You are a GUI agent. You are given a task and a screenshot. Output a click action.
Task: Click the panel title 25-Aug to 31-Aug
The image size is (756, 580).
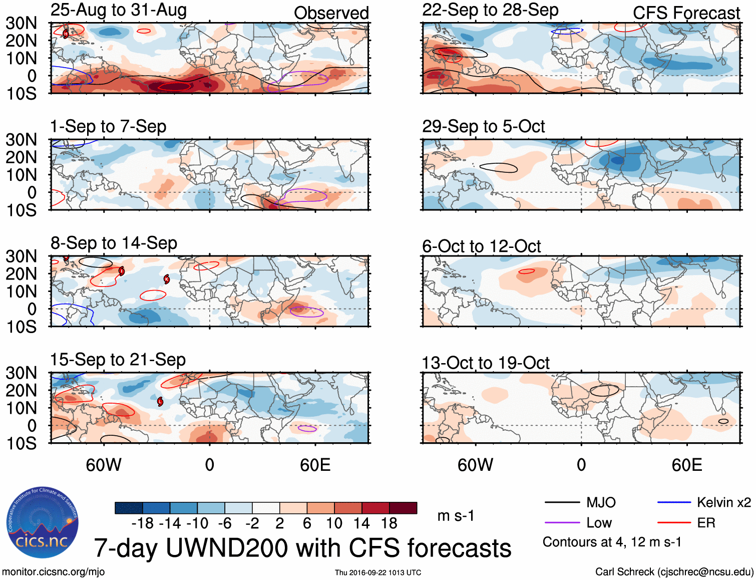[119, 10]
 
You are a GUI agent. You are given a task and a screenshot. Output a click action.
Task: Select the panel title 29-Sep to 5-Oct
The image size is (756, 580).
[483, 127]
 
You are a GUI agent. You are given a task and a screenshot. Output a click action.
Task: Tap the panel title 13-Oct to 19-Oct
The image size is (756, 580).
[486, 363]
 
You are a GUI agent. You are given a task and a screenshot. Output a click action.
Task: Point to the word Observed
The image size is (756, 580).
[331, 13]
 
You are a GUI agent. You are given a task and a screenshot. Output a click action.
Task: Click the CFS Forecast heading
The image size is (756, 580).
[686, 13]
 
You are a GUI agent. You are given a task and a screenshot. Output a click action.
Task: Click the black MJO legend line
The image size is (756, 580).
[562, 502]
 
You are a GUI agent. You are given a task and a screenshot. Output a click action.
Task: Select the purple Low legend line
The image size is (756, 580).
[562, 523]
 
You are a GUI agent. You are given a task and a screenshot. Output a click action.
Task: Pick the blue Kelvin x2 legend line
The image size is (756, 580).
[674, 502]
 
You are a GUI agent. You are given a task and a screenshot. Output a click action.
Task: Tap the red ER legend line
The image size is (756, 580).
[674, 523]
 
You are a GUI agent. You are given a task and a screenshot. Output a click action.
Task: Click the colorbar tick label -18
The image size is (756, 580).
[142, 523]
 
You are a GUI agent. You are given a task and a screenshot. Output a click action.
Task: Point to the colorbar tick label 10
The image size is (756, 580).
[334, 523]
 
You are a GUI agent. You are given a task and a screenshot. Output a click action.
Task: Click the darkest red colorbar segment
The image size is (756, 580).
[403, 508]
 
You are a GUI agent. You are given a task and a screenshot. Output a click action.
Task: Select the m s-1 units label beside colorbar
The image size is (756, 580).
[456, 516]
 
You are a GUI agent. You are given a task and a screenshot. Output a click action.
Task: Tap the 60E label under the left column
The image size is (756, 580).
[315, 465]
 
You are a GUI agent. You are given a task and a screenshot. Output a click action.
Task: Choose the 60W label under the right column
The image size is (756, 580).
[475, 465]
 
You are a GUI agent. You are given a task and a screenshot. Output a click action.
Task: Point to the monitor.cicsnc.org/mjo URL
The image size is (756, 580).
[53, 572]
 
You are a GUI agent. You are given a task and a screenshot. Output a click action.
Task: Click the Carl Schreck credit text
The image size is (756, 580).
[674, 572]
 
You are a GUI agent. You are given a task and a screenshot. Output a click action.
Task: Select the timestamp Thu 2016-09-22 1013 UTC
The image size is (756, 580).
[378, 572]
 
